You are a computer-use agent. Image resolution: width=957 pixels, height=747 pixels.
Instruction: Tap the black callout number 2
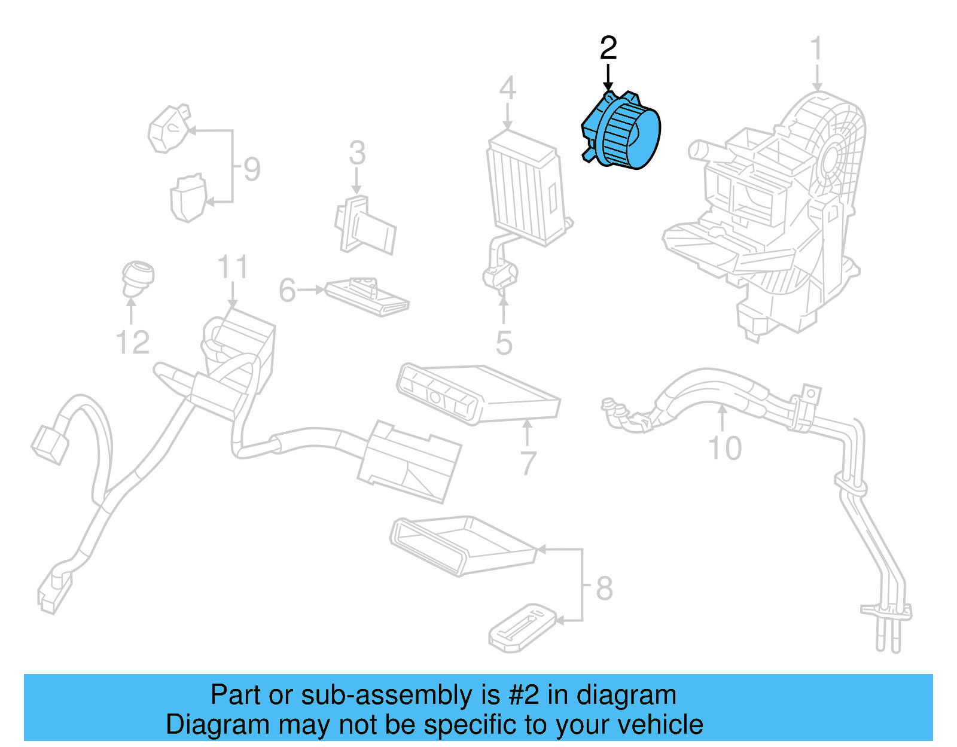click(608, 48)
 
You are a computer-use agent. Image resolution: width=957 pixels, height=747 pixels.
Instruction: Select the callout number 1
click(816, 49)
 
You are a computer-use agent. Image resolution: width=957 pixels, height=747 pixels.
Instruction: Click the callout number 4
click(507, 89)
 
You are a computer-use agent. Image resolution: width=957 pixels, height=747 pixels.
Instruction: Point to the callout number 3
click(357, 153)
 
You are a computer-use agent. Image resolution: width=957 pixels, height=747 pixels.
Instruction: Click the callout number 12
click(132, 343)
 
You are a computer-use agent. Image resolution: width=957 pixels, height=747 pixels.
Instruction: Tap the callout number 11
click(232, 267)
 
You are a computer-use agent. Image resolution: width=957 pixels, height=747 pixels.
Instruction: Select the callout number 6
click(287, 291)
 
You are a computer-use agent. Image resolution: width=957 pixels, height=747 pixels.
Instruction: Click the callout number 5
click(504, 343)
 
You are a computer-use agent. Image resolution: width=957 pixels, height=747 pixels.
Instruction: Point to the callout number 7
click(528, 463)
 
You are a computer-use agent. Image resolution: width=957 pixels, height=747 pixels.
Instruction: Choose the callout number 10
click(724, 448)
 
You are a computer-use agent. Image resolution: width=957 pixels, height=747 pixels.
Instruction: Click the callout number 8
click(604, 589)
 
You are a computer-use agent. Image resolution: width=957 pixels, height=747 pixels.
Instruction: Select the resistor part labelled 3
click(364, 226)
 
